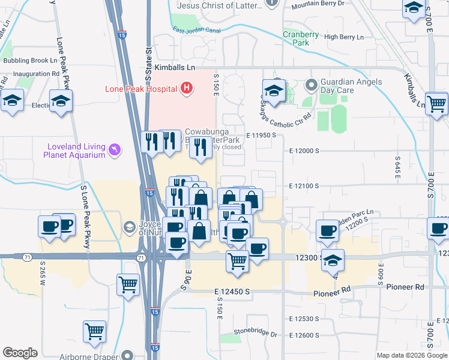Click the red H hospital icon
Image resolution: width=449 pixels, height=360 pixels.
click(187, 89)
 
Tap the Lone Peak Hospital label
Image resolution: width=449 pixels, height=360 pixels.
click(141, 89)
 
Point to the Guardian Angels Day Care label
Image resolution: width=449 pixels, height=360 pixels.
click(348, 85)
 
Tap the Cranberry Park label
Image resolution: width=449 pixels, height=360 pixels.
click(301, 38)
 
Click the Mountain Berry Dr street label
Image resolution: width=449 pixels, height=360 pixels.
click(319, 4)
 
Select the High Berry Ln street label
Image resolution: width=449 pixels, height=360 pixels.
click(344, 37)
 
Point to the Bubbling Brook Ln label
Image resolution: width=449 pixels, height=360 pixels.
click(30, 61)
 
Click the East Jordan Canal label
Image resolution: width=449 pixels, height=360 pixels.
click(196, 30)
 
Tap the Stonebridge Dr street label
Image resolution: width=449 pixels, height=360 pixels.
click(256, 333)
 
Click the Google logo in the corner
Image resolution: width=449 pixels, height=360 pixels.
click(20, 353)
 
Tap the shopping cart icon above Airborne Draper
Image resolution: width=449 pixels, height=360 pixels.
click(95, 332)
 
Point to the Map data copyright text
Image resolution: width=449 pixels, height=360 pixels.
click(412, 355)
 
